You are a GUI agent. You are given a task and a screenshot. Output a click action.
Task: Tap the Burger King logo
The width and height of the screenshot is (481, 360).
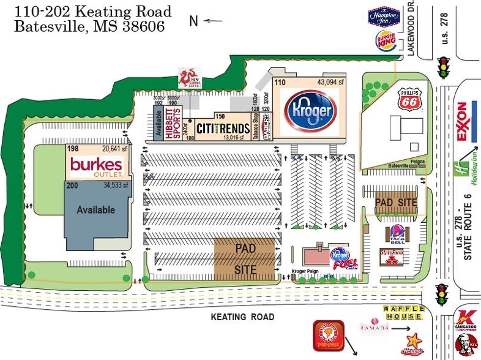(385, 41)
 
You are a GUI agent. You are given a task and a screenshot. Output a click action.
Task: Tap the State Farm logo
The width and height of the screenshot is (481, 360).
(392, 257)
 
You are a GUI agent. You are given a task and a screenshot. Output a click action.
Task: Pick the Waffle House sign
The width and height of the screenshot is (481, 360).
(403, 313)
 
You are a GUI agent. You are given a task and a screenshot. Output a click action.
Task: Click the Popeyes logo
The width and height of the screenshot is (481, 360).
(327, 336)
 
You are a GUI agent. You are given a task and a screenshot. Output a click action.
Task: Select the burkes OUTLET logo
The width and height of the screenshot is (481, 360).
(97, 165)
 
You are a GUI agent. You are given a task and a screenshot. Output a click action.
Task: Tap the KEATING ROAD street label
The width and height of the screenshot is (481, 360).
(242, 317)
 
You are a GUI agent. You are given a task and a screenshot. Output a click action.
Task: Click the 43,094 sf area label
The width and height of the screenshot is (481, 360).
(330, 82)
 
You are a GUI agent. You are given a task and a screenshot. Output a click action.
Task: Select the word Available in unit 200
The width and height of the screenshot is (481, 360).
(95, 210)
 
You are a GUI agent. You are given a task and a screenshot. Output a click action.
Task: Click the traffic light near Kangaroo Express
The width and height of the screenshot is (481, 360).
(440, 295)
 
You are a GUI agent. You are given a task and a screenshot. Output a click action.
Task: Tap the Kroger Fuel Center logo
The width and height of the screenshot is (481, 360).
(342, 257)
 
